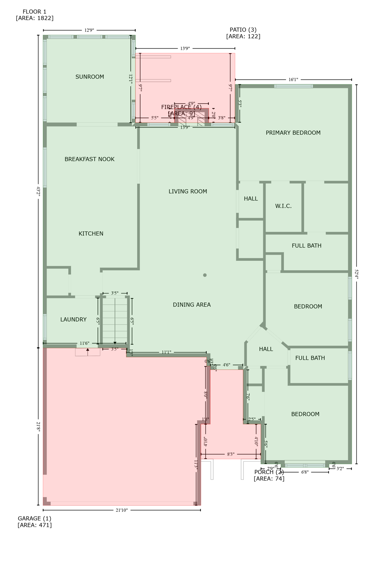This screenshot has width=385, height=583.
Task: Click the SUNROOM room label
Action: [90, 77]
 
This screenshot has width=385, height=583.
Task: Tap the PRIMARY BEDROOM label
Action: [293, 133]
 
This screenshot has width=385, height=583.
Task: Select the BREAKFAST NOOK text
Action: [89, 159]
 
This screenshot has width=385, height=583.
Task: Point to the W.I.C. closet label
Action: [283, 206]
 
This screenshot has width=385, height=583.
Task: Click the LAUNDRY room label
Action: [74, 320]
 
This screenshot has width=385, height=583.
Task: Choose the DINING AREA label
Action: [192, 305]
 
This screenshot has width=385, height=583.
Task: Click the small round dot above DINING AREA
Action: [205, 275]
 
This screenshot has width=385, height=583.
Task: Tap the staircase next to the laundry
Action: [115, 321]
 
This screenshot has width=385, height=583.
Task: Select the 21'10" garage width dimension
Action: [122, 510]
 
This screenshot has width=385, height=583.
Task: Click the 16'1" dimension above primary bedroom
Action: [293, 80]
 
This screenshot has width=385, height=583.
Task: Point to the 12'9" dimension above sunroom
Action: [89, 30]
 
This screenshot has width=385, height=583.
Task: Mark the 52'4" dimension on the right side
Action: [357, 274]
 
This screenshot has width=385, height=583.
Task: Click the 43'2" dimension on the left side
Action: [38, 191]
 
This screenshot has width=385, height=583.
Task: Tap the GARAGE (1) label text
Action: [34, 518]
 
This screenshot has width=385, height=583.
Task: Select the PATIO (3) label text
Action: [243, 30]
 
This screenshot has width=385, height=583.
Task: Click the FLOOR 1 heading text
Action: [34, 12]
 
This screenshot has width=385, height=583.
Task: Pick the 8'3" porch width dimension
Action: [231, 454]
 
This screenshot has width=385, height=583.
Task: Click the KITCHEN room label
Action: [91, 234]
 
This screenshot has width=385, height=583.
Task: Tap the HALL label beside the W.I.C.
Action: [251, 199]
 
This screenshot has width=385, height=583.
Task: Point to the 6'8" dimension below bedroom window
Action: [305, 472]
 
